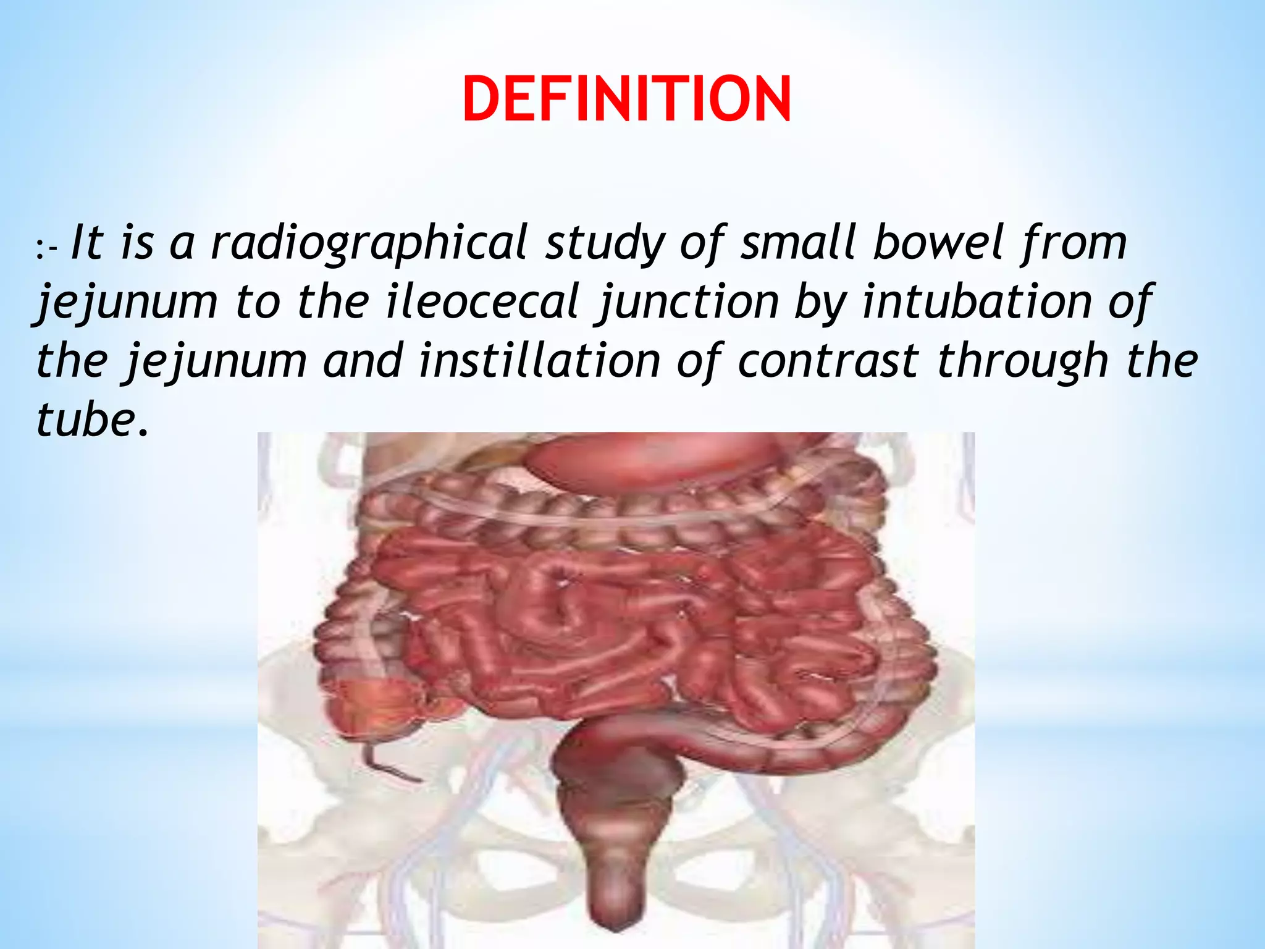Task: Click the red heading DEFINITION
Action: click(x=626, y=99)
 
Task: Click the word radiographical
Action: click(x=369, y=243)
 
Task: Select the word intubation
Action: click(x=976, y=301)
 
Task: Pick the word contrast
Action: click(x=828, y=361)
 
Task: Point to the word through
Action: click(x=1022, y=361)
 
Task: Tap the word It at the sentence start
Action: click(x=86, y=242)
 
